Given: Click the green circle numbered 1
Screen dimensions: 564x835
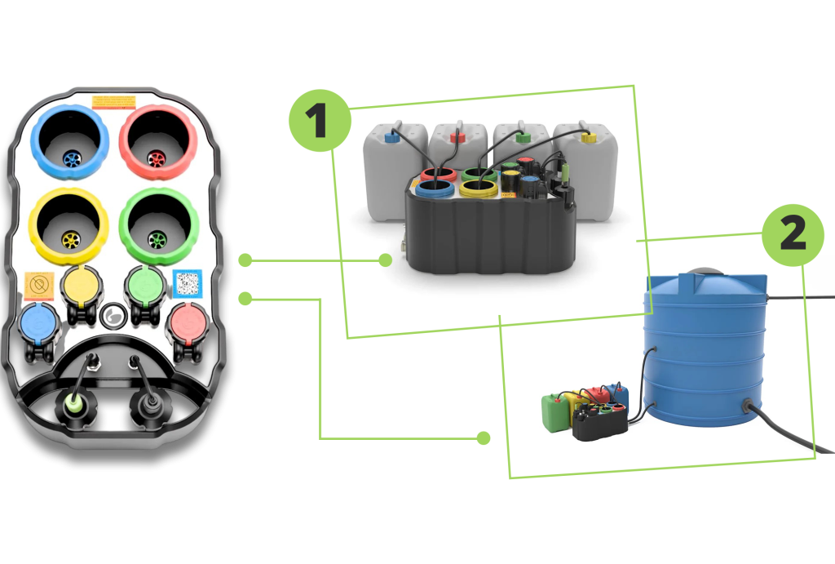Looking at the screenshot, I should point(319,120).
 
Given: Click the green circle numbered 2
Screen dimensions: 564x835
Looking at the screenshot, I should point(793,234).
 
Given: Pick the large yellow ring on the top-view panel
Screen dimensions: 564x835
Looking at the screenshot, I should point(68,226).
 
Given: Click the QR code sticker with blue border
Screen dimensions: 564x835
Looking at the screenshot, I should point(188,283).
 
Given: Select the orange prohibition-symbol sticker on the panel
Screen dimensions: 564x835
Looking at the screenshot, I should point(38,285).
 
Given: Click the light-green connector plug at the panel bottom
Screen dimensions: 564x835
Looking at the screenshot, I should point(73,402).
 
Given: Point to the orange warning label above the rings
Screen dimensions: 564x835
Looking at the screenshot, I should point(113,102).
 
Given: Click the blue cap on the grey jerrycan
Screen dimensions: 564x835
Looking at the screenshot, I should point(392,139).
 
